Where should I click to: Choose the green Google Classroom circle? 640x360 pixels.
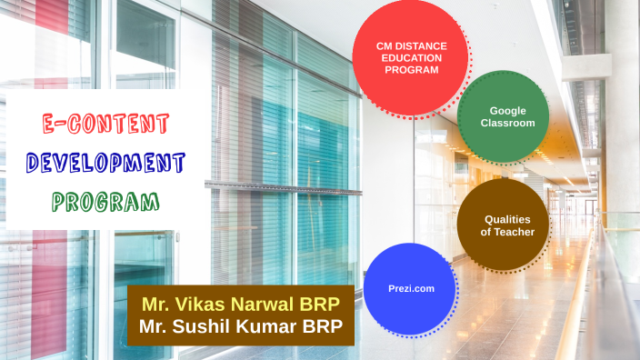pyautogui.click(x=502, y=115)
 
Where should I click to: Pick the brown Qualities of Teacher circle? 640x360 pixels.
pyautogui.click(x=502, y=225)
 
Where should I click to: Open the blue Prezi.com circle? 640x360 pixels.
pyautogui.click(x=409, y=287)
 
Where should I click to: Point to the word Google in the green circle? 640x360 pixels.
pyautogui.click(x=506, y=109)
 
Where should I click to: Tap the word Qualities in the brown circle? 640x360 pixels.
pyautogui.click(x=506, y=219)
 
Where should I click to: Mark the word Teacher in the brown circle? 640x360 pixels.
pyautogui.click(x=514, y=232)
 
